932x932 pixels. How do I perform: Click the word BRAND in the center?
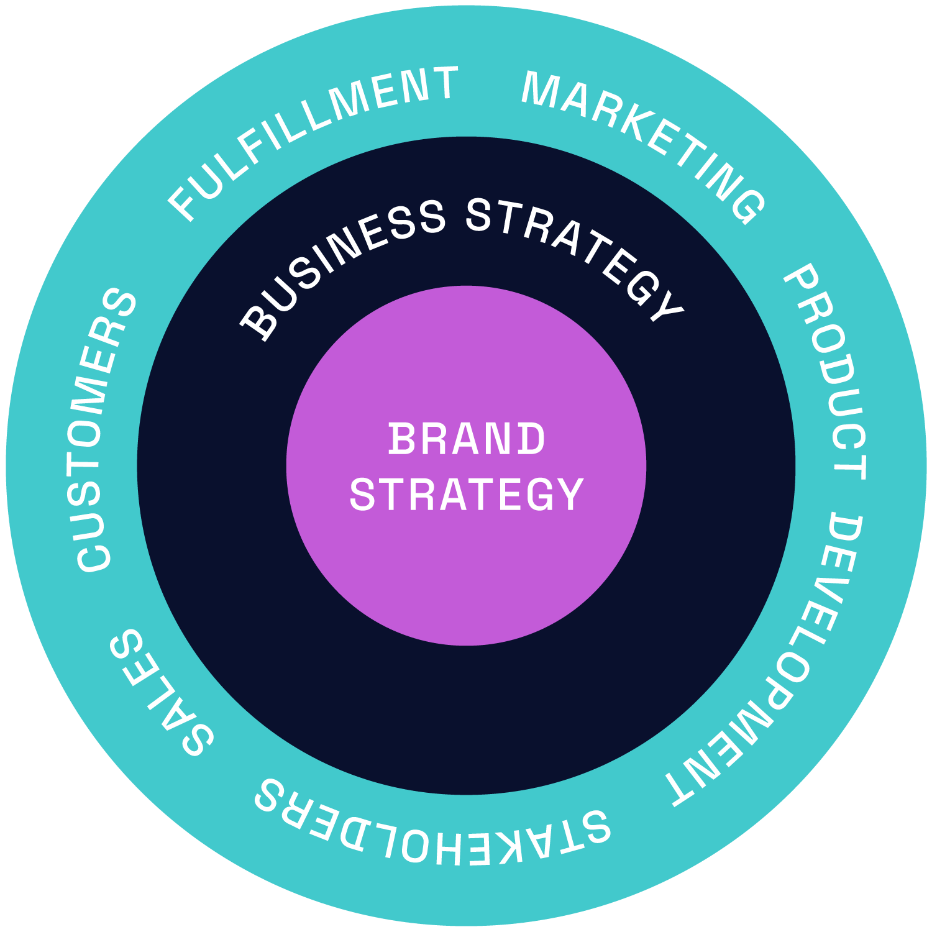[x=467, y=439]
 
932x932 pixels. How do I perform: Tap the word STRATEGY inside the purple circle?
[x=467, y=495]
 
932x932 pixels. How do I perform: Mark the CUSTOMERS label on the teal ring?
[x=103, y=429]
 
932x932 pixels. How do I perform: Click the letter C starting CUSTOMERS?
[x=93, y=555]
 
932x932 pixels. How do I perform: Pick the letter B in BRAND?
[x=401, y=439]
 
